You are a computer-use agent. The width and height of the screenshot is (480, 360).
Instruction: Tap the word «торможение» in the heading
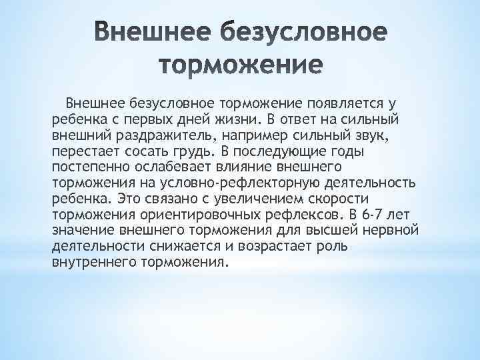241,65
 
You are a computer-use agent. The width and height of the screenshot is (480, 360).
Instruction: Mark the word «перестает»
79,151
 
